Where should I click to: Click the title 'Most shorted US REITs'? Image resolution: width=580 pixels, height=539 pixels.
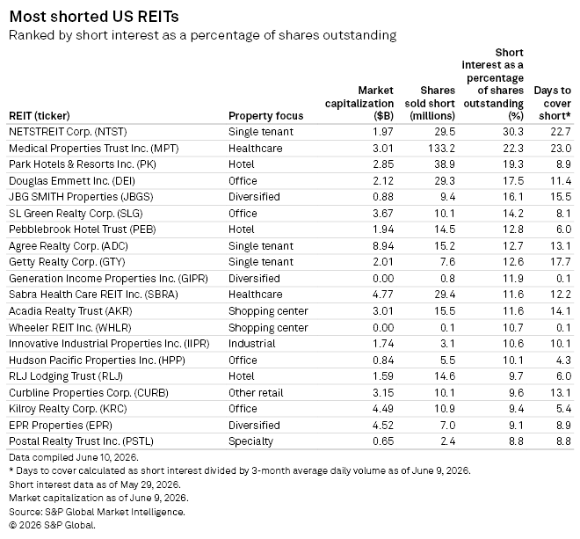click(x=94, y=17)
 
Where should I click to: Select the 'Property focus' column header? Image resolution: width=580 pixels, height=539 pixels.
click(x=265, y=116)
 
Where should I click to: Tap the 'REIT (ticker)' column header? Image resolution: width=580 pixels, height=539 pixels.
click(x=40, y=116)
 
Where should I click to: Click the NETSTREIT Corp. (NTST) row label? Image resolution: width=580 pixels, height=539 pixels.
click(x=68, y=132)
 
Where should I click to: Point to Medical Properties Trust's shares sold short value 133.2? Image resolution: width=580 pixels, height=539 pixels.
click(x=442, y=148)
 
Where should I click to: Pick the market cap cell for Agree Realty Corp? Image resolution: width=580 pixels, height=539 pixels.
click(x=383, y=246)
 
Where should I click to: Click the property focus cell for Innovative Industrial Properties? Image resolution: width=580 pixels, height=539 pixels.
click(x=252, y=344)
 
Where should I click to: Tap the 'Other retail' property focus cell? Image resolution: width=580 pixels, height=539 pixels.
click(x=256, y=392)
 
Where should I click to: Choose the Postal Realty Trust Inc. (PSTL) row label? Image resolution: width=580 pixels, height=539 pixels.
click(x=81, y=441)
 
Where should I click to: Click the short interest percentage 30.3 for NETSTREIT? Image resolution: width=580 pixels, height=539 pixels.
click(x=513, y=132)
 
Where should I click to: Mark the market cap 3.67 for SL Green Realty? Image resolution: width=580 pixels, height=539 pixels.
click(x=383, y=214)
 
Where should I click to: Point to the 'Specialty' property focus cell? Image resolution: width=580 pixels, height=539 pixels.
click(x=250, y=441)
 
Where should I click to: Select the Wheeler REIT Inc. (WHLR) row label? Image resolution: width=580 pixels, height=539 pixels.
click(x=70, y=328)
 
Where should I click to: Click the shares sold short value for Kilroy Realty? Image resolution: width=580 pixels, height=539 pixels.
click(x=445, y=409)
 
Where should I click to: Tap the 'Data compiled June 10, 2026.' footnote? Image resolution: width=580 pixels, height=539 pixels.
click(x=74, y=457)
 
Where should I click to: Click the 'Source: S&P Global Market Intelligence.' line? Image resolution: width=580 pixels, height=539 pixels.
click(x=97, y=512)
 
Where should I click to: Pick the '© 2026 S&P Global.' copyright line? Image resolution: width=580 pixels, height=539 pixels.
click(x=52, y=525)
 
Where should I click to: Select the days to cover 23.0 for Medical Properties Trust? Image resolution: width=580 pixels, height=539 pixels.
click(x=561, y=148)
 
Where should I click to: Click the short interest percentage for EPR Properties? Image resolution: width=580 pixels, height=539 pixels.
click(x=516, y=425)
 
